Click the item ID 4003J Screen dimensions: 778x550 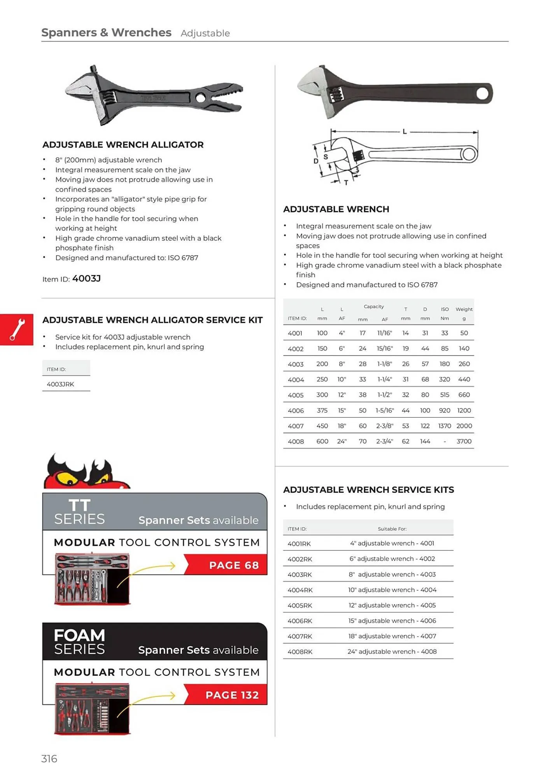pos(86,279)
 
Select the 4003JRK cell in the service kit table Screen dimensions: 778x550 pos(60,384)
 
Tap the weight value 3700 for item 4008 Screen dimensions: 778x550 pos(464,441)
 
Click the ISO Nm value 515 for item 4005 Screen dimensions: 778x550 pos(444,394)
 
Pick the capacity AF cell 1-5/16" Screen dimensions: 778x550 pos(384,410)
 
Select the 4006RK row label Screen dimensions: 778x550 pos(300,621)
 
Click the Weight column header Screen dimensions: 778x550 pos(464,309)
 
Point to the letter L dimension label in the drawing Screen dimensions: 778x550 pos(405,132)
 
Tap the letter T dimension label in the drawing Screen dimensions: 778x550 pos(346,182)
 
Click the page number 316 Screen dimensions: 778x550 pos(49,759)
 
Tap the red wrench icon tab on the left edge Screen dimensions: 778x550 pos(17,329)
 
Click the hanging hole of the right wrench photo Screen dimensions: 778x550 pos(482,93)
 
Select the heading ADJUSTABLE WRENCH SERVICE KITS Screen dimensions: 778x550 pos(368,490)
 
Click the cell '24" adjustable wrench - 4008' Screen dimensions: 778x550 pos(392,652)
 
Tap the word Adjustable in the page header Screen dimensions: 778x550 pos(205,33)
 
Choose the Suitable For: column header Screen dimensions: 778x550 pos(392,529)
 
